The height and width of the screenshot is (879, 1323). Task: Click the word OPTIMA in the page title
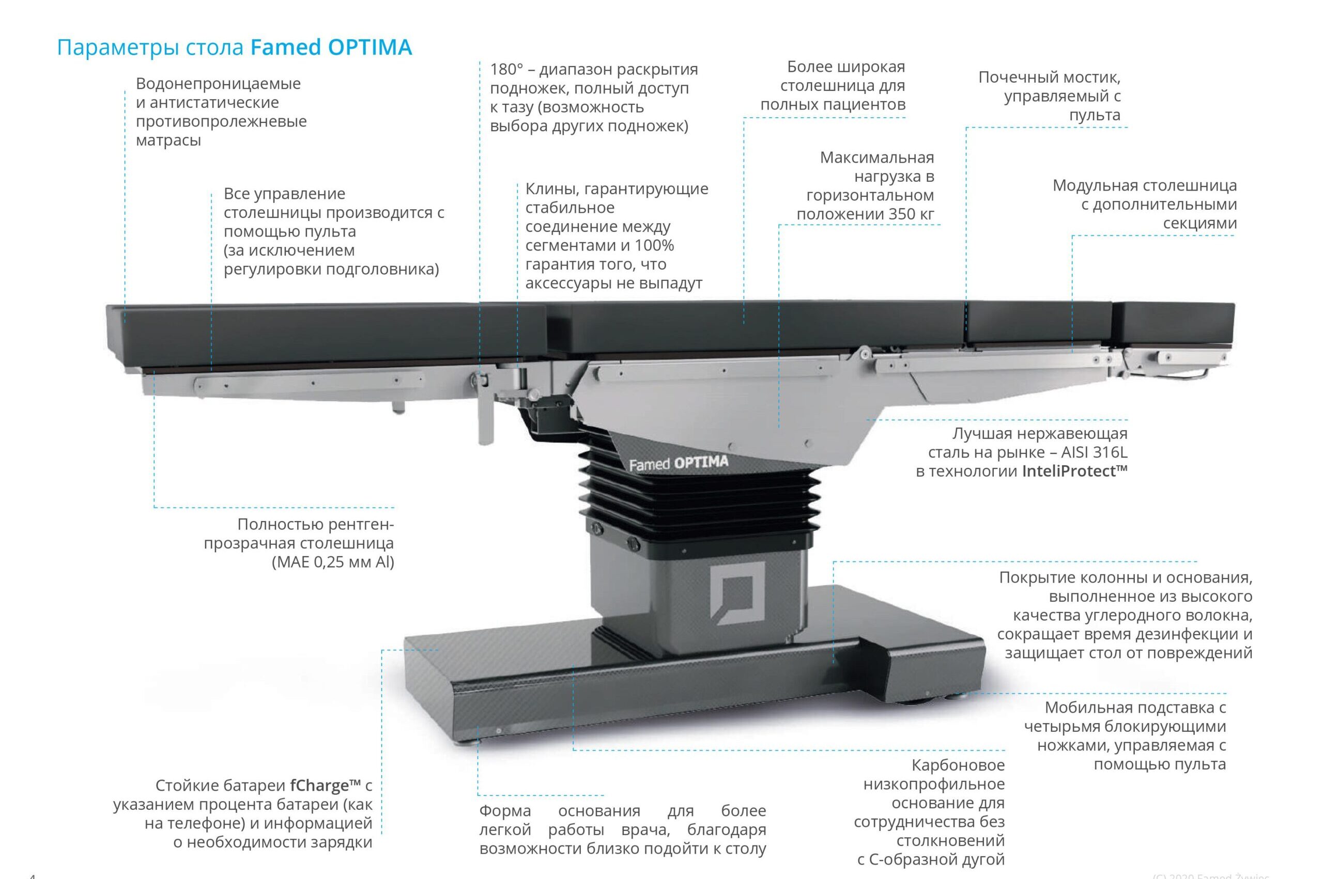370,47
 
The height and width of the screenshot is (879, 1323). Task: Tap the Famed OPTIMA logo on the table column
678,464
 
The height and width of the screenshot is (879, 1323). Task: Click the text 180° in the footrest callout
506,70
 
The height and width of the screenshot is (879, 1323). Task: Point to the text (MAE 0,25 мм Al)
333,562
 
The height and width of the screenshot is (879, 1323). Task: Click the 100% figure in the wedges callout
654,245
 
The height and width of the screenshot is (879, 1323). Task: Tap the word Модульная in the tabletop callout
1095,185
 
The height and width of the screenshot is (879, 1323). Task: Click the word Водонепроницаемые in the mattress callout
218,84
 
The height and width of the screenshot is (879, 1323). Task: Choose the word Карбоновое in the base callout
958,765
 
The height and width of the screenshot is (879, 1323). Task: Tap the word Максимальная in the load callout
877,158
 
